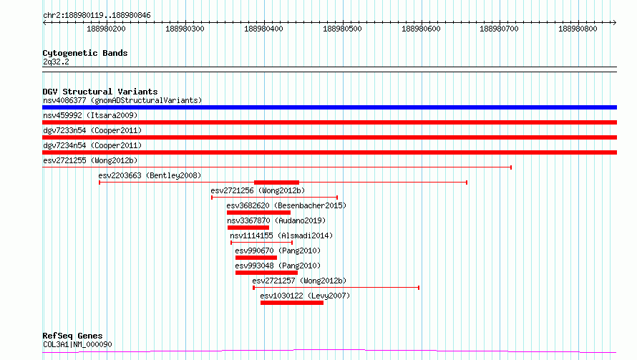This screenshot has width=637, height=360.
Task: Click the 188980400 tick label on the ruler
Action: coord(263,29)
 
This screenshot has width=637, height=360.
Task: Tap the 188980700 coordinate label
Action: coord(500,29)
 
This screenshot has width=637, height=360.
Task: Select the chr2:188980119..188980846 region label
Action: coord(97,16)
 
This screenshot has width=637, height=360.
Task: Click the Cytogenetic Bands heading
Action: coord(85,53)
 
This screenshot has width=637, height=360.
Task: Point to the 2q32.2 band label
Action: coord(56,62)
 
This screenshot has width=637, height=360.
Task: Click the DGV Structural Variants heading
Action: coord(100,92)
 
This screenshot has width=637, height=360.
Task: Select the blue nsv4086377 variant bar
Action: coord(329,107)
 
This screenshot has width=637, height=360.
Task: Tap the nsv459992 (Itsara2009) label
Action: coord(90,115)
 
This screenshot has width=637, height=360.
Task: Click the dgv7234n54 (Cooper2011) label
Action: coord(92,145)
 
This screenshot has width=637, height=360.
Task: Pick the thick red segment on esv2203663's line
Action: coord(277,183)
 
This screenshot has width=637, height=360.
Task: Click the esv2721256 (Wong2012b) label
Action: coord(258,190)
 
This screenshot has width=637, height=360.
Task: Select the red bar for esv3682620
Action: coord(259,213)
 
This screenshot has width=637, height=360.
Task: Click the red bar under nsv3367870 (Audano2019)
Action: coord(248,228)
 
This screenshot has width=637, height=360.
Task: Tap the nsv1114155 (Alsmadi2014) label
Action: coord(281,235)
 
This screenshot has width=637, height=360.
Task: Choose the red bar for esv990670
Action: coord(256,258)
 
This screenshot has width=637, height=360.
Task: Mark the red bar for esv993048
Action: coord(266,273)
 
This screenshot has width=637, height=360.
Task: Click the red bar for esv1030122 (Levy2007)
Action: coord(292,303)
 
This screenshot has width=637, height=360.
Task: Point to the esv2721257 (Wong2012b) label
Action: coord(299,281)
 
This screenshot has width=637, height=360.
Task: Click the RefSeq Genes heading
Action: coord(73,336)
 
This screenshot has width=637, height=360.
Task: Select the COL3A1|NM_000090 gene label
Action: coord(77,344)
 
